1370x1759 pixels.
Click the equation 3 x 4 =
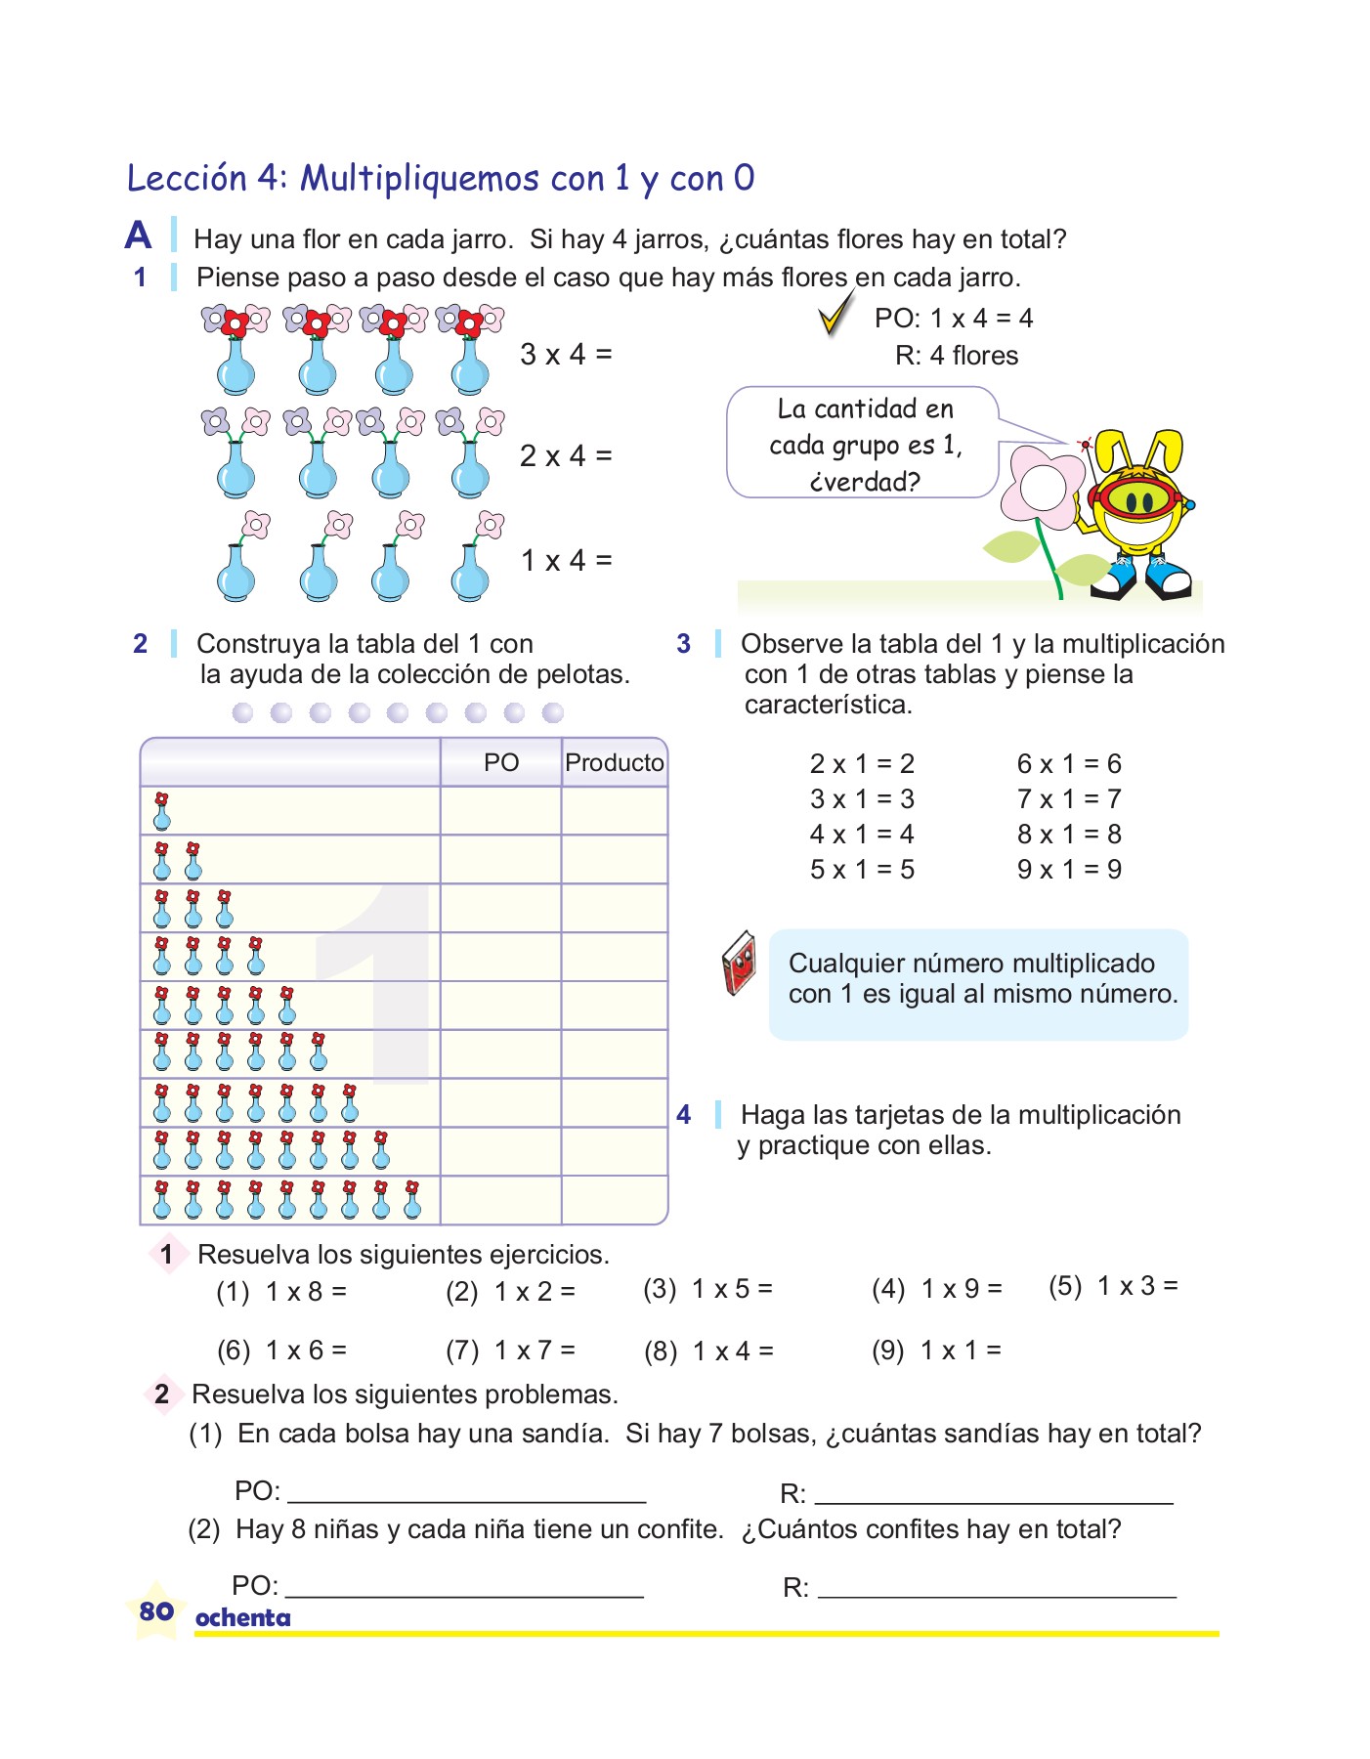tap(565, 354)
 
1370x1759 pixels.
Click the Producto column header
tap(614, 763)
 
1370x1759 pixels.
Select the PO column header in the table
tap(501, 763)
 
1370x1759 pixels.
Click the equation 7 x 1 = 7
tap(1068, 799)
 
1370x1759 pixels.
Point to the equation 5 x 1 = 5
tap(862, 870)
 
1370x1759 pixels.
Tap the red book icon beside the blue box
tap(740, 964)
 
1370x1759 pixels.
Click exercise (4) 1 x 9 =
tap(937, 1289)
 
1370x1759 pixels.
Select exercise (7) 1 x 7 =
tap(510, 1351)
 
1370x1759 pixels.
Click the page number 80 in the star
tap(156, 1610)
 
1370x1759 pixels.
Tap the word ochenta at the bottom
tap(242, 1618)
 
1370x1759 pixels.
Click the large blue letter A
tap(139, 236)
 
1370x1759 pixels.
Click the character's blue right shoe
tap(1169, 579)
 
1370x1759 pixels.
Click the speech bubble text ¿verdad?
tap(865, 482)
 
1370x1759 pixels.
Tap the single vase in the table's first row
tap(162, 811)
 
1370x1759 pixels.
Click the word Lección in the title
tap(187, 178)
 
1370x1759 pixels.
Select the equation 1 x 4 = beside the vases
tap(565, 561)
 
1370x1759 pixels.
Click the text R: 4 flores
tap(956, 356)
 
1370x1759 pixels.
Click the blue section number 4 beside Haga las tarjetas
tap(683, 1114)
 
